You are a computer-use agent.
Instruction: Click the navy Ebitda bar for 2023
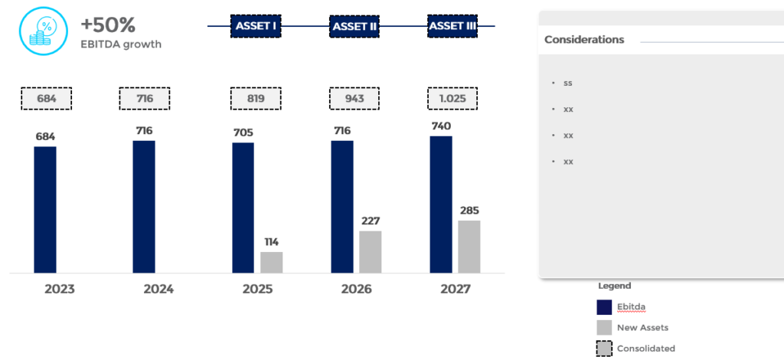tap(45, 209)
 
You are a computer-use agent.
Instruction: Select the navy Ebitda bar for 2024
tap(144, 206)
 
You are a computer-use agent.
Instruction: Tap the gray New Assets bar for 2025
tap(271, 262)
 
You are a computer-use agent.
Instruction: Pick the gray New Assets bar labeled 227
tap(370, 251)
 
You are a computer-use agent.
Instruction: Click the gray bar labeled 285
tap(469, 246)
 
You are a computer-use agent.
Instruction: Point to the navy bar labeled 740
tap(441, 204)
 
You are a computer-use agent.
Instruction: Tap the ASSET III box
tap(452, 26)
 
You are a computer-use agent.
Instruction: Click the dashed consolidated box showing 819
tap(256, 98)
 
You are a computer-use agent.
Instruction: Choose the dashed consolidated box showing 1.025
tap(452, 98)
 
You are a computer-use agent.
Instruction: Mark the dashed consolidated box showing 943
tap(354, 98)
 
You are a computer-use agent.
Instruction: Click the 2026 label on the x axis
tap(357, 290)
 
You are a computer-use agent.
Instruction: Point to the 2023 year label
tap(60, 290)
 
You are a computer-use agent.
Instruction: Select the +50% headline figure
tap(108, 25)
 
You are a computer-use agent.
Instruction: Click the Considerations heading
tap(584, 40)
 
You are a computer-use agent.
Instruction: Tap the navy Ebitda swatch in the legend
tap(604, 307)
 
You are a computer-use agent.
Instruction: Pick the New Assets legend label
tap(642, 328)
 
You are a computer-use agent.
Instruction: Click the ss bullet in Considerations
tap(567, 83)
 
